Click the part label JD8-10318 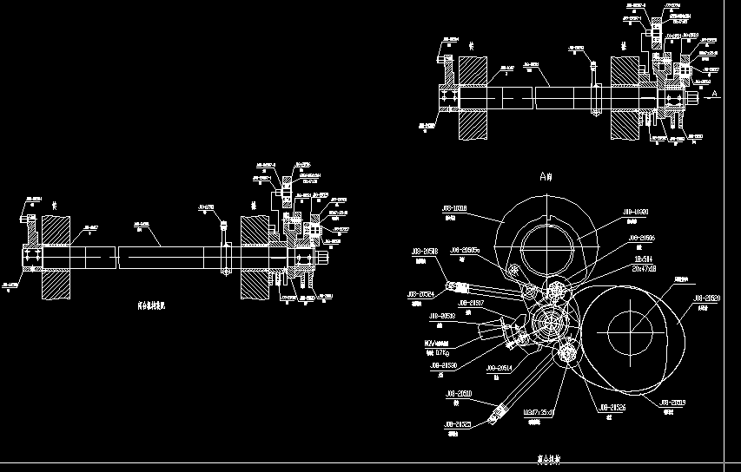[454, 209]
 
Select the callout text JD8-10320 [637, 212]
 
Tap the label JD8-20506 [642, 237]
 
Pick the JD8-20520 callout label [706, 298]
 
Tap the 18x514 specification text [644, 259]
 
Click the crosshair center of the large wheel [631, 332]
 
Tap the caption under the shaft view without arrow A [156, 305]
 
